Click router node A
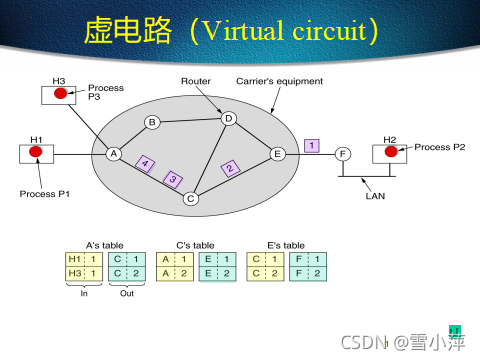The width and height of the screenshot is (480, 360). pos(114,153)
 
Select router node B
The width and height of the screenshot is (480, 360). pos(153,122)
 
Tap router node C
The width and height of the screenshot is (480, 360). pos(190,198)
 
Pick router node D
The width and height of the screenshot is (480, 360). pos(228,119)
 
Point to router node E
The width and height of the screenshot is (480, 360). pos(278,153)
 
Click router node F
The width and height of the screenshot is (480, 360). pos(343,153)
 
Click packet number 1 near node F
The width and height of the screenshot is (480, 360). pos(312,145)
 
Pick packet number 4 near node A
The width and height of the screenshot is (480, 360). pos(145,162)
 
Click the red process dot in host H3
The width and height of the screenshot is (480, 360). pos(61,94)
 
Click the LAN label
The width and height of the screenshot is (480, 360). pos(375,197)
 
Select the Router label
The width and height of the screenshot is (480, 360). pos(195,80)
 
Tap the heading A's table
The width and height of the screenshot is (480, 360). pos(103,244)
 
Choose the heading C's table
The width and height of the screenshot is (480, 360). pos(194,244)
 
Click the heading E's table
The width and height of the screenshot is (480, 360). pos(285,244)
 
